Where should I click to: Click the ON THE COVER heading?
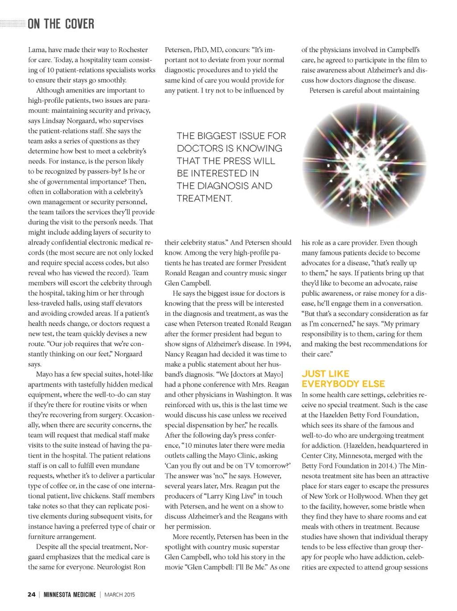point(61,24)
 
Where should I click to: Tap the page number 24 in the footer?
point(31,594)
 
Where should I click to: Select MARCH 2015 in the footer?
point(120,594)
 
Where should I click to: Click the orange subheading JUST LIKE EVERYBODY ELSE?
point(343,379)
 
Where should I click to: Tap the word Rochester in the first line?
point(133,50)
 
